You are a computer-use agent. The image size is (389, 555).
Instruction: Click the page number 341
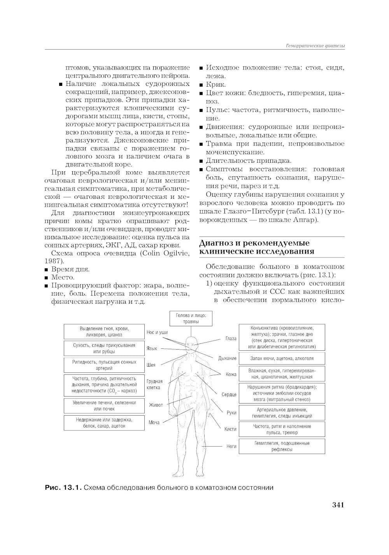[338, 505]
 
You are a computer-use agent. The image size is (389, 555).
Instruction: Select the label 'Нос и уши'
[157, 332]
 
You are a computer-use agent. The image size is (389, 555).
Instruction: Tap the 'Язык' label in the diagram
[152, 348]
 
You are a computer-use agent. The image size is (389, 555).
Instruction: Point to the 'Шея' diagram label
[151, 365]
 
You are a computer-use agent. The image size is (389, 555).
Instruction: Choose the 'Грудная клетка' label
[154, 384]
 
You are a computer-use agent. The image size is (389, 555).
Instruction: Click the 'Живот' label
[156, 405]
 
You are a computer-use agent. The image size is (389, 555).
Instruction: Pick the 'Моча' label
[154, 422]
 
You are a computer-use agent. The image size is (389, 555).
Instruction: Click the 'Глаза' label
[231, 339]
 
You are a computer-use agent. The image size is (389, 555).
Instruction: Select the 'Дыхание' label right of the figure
[227, 358]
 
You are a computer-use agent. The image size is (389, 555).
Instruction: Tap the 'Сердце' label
[229, 395]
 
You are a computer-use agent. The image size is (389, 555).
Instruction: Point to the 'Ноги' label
[231, 446]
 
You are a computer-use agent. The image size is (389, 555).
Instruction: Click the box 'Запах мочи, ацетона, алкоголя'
[282, 358]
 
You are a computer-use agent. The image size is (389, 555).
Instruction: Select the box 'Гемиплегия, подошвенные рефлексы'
[282, 446]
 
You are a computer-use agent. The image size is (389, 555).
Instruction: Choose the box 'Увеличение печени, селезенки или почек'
[104, 406]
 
